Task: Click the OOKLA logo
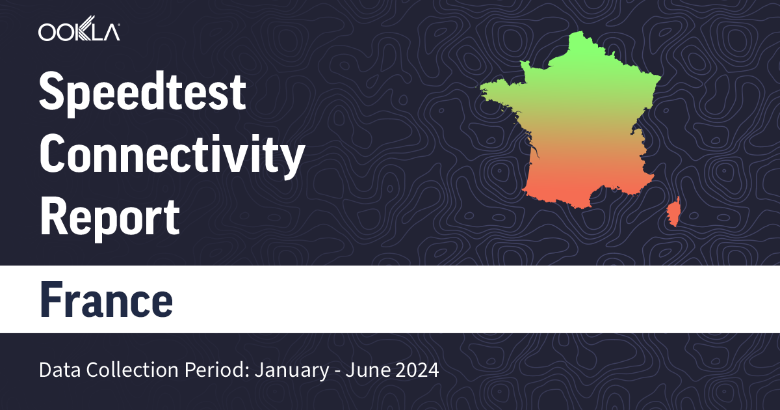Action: click(x=79, y=32)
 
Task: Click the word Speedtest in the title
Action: click(x=142, y=93)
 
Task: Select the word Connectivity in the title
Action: click(x=172, y=156)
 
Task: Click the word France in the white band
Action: click(x=107, y=299)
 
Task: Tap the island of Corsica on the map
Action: click(x=674, y=212)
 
